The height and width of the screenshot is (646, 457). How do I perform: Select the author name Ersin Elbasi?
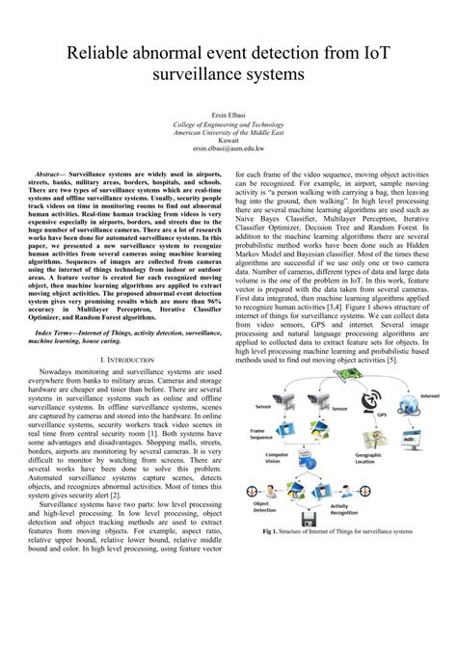click(228, 115)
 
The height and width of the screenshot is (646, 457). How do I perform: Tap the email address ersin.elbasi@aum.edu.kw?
click(228, 149)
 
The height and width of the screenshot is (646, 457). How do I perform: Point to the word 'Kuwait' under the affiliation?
click(228, 141)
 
